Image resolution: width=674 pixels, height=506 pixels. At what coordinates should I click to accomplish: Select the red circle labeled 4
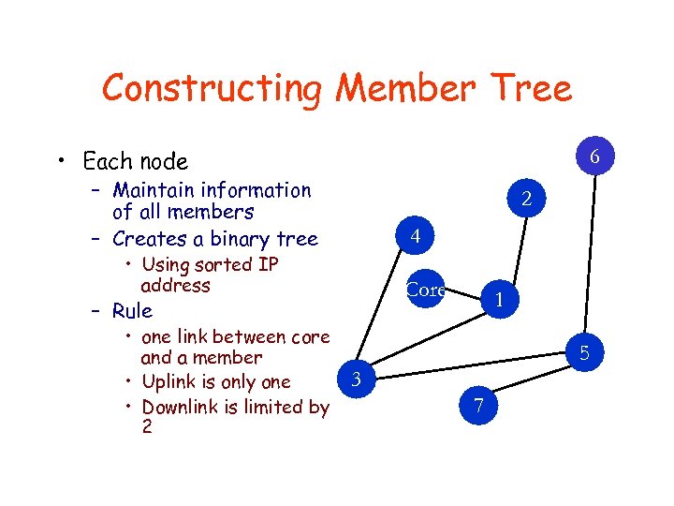[x=414, y=238]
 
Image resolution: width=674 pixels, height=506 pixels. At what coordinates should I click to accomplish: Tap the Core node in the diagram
[x=426, y=290]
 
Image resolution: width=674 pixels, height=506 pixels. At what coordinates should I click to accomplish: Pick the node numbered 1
[x=501, y=300]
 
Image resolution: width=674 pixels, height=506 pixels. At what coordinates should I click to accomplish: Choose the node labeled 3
[x=355, y=379]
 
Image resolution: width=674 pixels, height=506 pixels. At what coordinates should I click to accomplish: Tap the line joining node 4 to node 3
[x=384, y=309]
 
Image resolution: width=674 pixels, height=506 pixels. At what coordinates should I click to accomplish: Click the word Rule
[x=132, y=310]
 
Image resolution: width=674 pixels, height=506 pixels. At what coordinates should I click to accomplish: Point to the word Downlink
[x=183, y=407]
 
